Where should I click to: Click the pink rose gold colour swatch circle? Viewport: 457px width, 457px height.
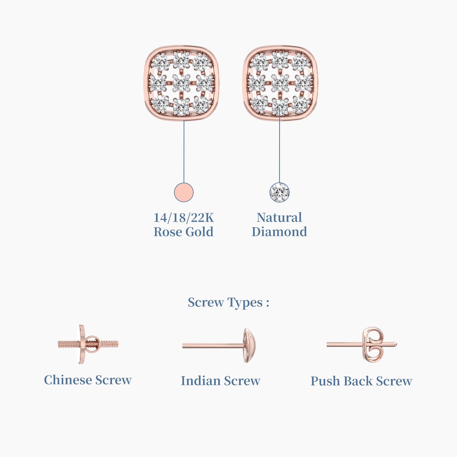tap(184, 192)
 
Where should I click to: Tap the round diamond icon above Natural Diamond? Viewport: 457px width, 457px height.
tap(279, 192)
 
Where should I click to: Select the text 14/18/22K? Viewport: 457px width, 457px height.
tap(184, 218)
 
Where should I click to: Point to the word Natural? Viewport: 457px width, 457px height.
tap(279, 218)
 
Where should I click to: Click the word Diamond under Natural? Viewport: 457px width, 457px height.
tap(279, 232)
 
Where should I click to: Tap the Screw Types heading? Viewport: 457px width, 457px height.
tap(228, 302)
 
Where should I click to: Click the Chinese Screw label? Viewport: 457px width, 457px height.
tap(88, 380)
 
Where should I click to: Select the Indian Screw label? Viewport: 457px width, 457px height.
tap(221, 381)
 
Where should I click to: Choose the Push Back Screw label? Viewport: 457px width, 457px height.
tap(361, 381)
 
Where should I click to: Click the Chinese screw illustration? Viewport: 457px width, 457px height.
tap(88, 344)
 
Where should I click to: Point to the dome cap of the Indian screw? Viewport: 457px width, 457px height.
tap(249, 346)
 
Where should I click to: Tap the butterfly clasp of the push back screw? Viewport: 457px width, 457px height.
tap(373, 344)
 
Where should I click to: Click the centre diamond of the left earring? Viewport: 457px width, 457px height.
tap(181, 83)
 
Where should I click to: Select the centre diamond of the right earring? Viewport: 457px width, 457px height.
tap(280, 83)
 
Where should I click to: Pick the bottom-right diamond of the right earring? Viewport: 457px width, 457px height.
tap(299, 104)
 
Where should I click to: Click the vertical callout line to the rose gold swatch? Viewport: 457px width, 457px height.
tap(184, 151)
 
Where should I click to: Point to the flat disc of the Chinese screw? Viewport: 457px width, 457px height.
tap(82, 344)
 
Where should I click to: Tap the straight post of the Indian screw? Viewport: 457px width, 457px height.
tap(213, 346)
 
